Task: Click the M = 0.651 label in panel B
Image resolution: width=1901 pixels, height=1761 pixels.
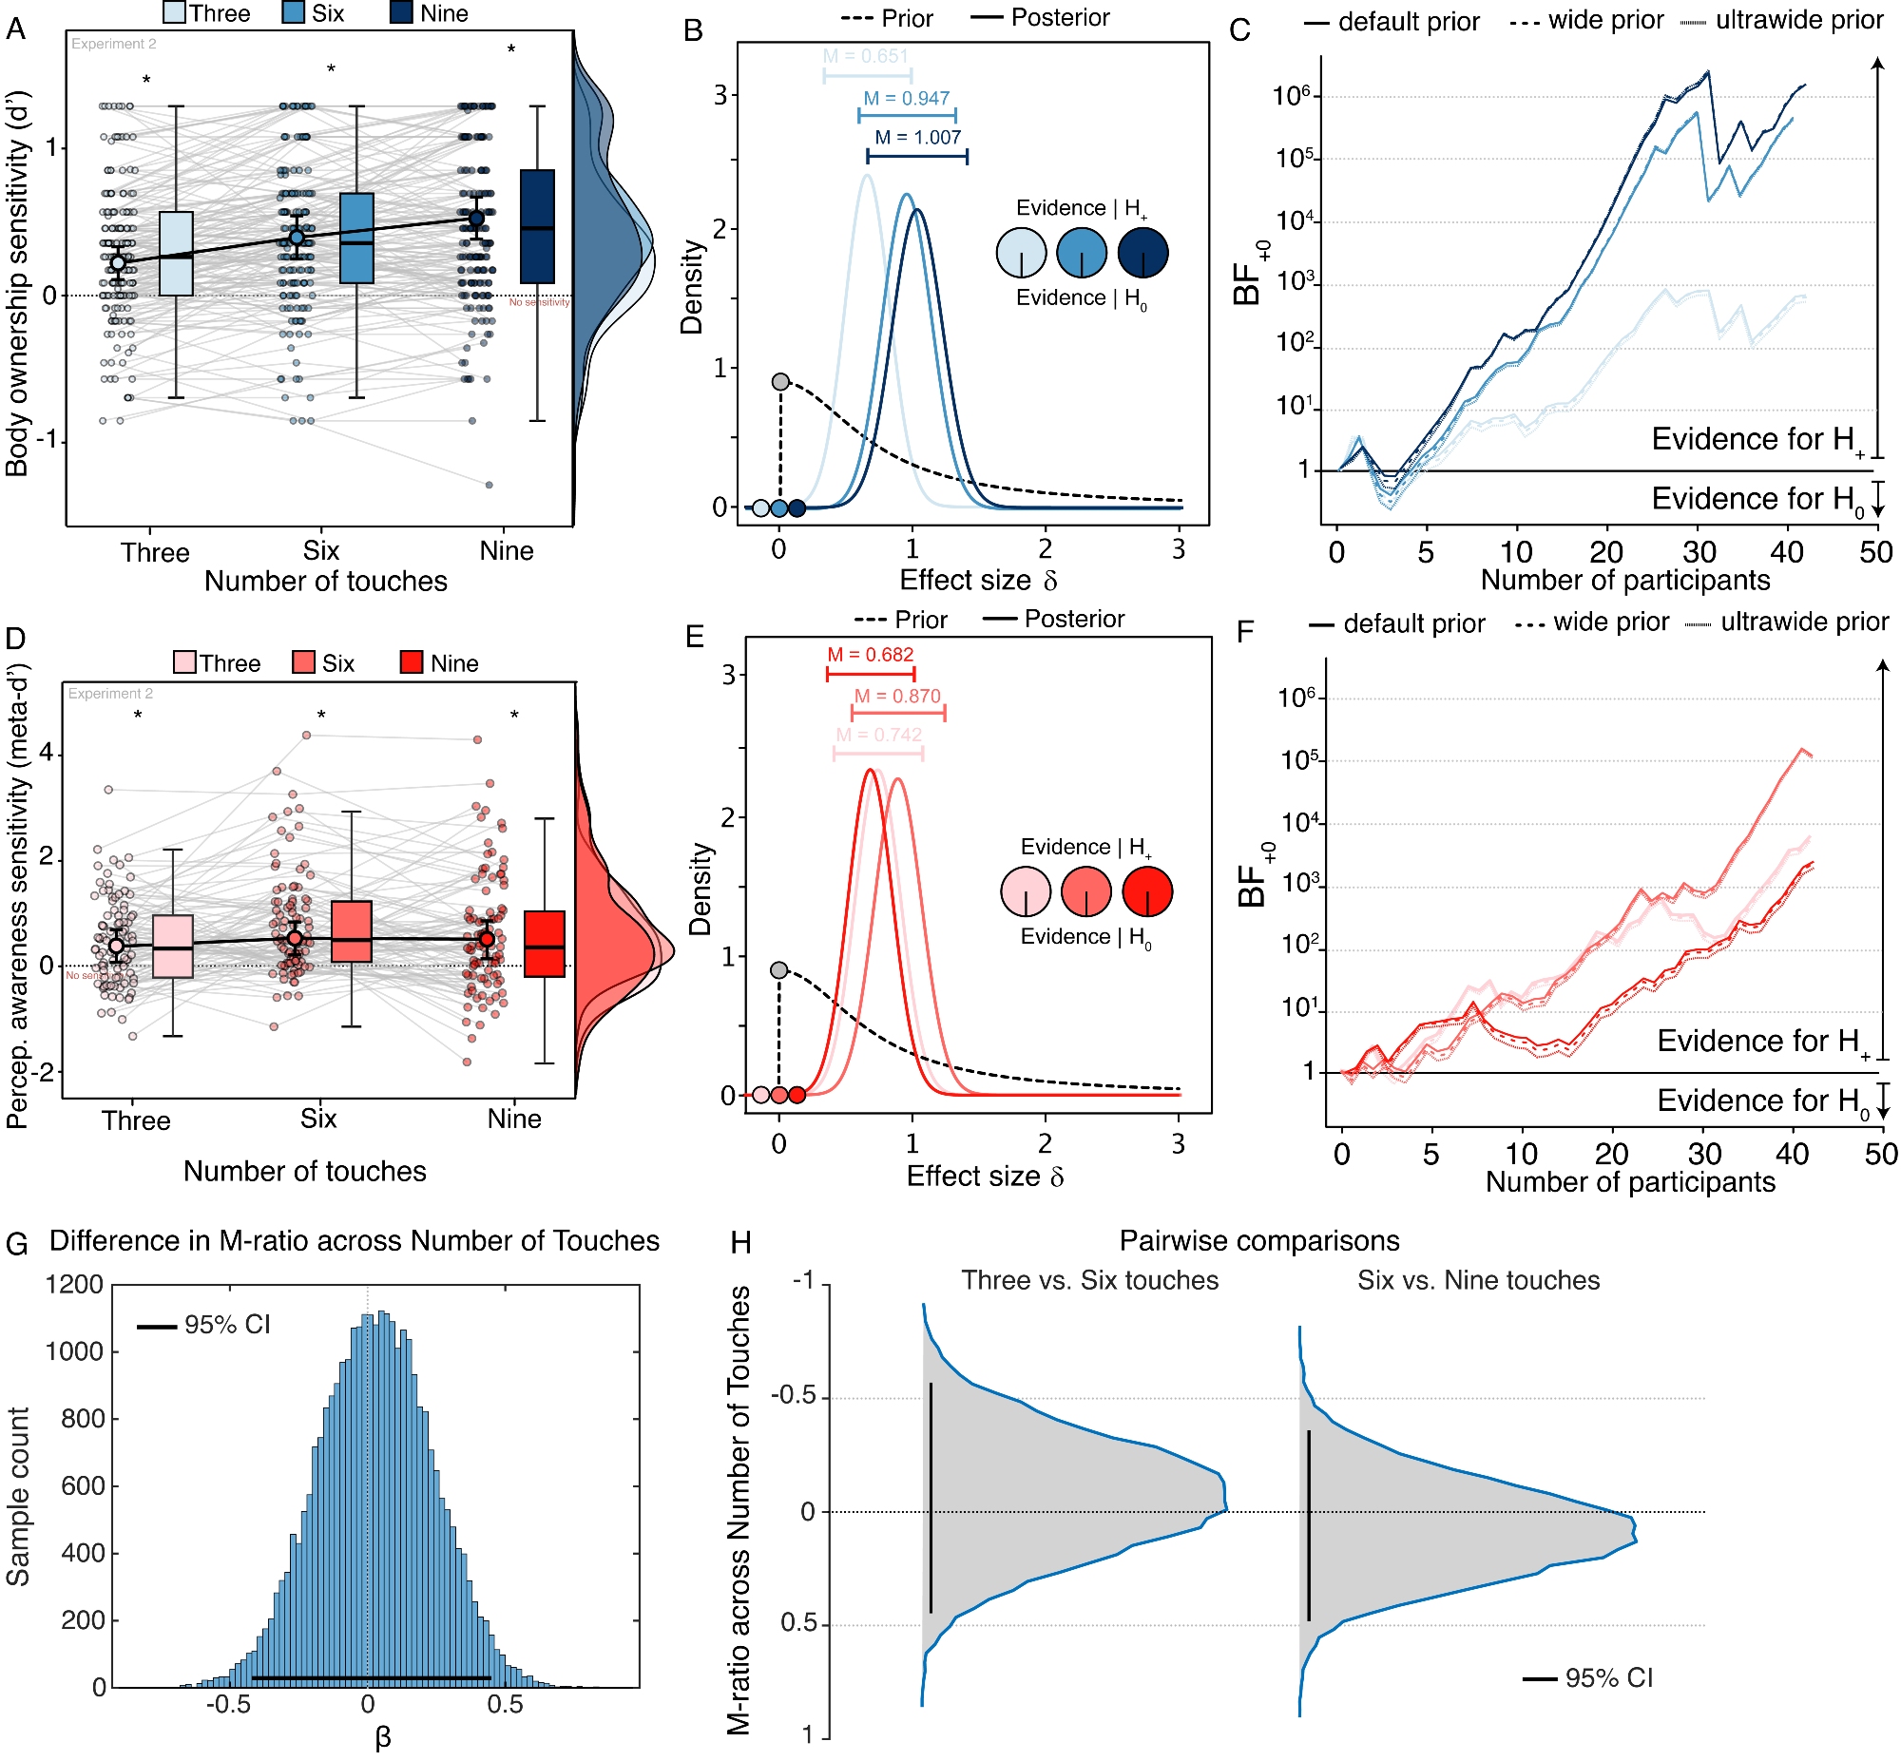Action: pos(865,56)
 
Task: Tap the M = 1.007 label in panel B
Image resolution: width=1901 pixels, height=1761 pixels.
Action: pos(917,137)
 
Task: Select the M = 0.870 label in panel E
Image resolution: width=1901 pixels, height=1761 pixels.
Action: pos(896,697)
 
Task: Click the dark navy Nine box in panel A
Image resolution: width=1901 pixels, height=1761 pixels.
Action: pos(537,226)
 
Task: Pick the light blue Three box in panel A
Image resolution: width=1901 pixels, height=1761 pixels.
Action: pos(176,254)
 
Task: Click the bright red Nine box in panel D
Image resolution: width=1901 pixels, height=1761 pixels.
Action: pos(545,944)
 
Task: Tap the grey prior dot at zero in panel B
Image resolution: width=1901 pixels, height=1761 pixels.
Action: pos(780,382)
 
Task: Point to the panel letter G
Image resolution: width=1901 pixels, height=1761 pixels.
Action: pos(16,1244)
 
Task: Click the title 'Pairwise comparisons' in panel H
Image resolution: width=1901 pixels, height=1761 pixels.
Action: pos(1258,1241)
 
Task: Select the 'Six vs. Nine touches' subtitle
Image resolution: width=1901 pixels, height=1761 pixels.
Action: pos(1478,1280)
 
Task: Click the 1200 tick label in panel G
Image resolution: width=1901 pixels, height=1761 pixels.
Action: pos(74,1285)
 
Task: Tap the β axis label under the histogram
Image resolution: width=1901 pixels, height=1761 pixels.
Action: pos(382,1737)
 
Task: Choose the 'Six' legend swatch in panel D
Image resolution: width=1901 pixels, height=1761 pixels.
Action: pos(304,662)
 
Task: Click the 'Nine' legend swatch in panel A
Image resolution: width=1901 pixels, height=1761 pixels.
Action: pos(401,13)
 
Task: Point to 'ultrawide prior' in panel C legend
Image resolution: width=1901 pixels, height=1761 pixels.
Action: pos(1799,20)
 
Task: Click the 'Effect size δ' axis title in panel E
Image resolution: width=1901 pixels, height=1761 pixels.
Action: pos(985,1177)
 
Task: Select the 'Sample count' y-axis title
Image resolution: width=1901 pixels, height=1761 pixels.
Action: pos(18,1496)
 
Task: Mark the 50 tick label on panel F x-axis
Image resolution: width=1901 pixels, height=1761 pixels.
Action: pos(1880,1154)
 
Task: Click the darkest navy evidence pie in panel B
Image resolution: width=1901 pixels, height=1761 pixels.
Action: pos(1143,253)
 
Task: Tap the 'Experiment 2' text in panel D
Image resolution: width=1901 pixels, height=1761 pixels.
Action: pos(110,694)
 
